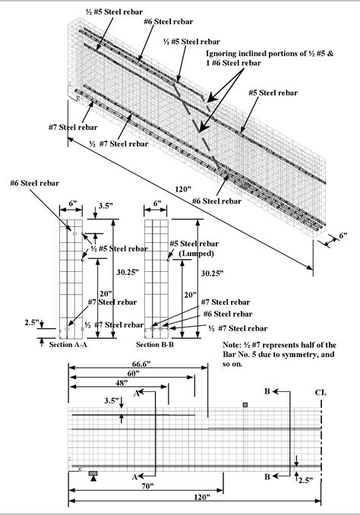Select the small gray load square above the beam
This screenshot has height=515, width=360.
click(245, 406)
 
